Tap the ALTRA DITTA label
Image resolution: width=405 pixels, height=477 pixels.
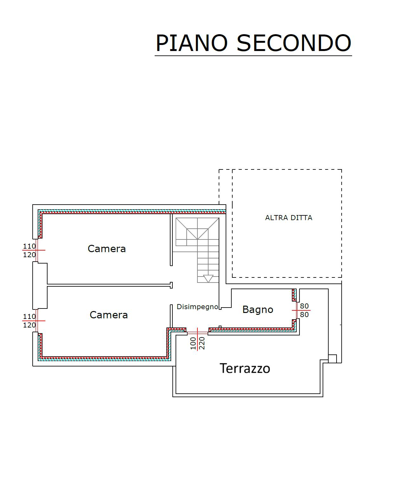(289, 218)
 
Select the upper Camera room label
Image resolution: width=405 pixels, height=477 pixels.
(107, 249)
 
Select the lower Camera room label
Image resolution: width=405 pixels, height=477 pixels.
(109, 315)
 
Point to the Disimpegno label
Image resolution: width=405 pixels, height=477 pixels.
(197, 307)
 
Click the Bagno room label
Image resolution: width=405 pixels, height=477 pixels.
(258, 309)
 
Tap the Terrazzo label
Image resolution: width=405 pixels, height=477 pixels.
(245, 368)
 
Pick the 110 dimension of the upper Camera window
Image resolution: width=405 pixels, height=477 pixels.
(29, 246)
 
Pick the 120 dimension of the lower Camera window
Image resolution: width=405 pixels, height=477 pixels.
(29, 325)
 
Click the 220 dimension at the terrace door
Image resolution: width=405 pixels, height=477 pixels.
(202, 343)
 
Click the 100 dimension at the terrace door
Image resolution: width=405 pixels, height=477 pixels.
(193, 343)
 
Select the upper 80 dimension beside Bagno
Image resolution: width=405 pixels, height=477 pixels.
(304, 306)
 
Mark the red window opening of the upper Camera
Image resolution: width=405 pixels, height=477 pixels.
(37, 251)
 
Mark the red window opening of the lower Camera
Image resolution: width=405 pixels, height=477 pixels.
(37, 321)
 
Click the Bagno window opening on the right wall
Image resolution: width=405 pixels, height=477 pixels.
(297, 310)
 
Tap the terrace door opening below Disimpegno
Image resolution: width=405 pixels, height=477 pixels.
(197, 333)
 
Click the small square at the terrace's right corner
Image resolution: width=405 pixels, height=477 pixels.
(332, 359)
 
